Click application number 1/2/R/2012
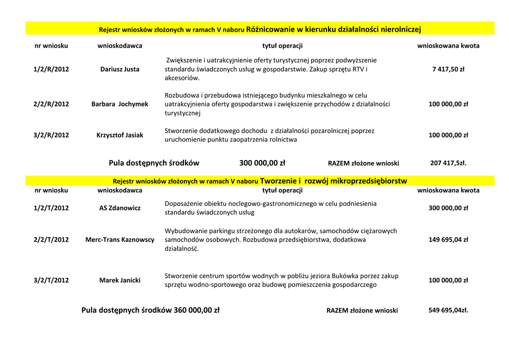point(51,69)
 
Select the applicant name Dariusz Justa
point(120,69)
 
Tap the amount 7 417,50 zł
point(448,69)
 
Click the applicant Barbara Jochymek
point(120,104)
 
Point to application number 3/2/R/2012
point(51,135)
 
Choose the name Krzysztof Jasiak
point(120,135)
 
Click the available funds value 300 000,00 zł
point(262,163)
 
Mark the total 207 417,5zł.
point(448,163)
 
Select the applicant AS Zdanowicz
point(120,208)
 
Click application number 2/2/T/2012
point(51,239)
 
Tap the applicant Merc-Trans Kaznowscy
point(120,239)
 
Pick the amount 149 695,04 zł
point(448,239)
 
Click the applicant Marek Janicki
point(120,280)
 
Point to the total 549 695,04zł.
point(448,310)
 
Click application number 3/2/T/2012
point(51,280)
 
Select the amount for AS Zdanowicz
point(448,208)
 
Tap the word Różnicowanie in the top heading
point(270,29)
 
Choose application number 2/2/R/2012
point(51,104)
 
